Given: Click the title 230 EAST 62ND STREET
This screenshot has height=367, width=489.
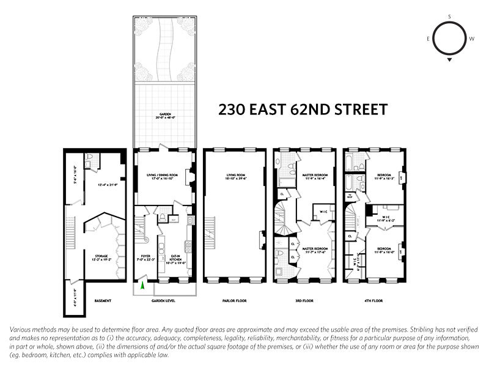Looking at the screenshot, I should [x=303, y=111].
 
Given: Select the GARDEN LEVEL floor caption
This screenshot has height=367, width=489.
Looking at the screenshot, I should [x=164, y=301].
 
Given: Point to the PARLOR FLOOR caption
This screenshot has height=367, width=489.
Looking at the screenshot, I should [x=235, y=301].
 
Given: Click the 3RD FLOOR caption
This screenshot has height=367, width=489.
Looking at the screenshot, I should [x=304, y=301].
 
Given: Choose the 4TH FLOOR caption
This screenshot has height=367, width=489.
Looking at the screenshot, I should [x=373, y=301].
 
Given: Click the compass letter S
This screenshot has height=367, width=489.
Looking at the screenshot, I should [x=450, y=17].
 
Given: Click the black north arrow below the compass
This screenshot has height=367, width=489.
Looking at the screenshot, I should [x=450, y=60].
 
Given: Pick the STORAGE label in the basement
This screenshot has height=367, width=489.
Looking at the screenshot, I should [x=101, y=257].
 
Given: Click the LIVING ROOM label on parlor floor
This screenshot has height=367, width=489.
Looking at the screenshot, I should [x=235, y=177].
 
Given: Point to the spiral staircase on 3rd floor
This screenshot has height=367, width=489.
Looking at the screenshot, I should [x=284, y=224].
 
